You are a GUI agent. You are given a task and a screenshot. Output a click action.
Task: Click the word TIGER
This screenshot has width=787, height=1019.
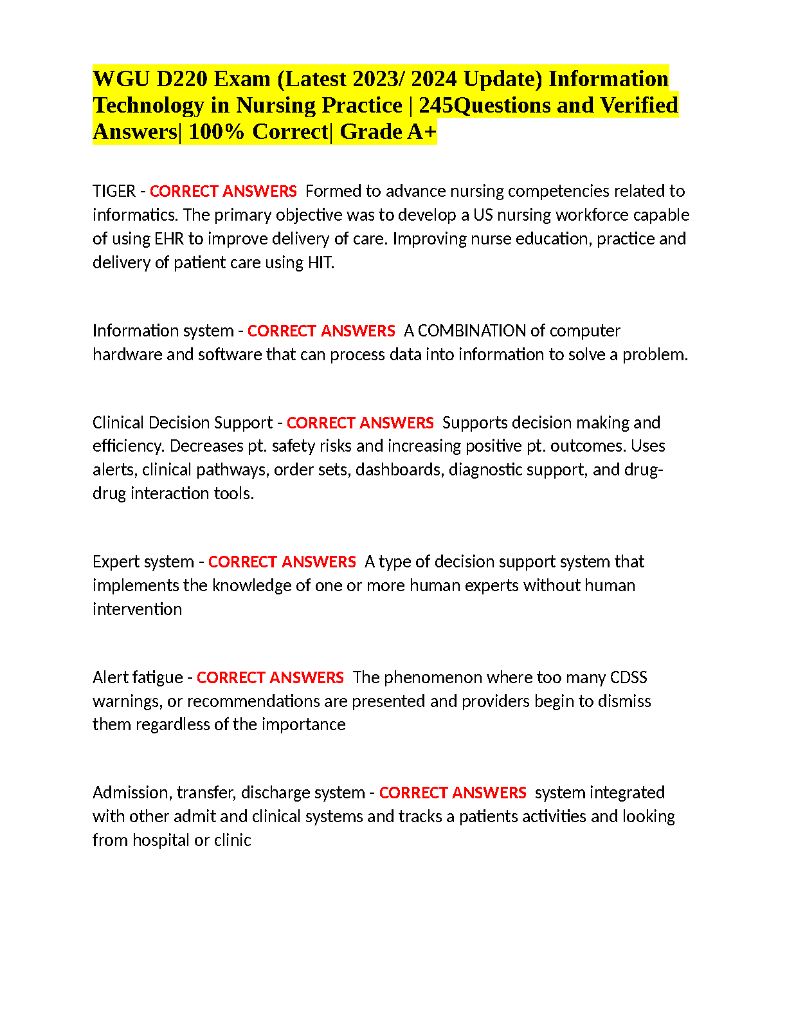114,191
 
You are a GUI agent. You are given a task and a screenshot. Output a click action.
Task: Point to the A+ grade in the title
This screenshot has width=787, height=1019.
422,132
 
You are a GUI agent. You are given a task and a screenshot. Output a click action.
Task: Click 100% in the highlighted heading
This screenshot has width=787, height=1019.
216,132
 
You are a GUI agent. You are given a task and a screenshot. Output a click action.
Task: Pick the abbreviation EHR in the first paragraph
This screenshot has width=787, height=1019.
169,239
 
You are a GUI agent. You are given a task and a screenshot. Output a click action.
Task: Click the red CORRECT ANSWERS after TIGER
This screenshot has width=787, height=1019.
223,191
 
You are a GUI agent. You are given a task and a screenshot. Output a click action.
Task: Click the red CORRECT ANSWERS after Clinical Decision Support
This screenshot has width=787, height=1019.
360,423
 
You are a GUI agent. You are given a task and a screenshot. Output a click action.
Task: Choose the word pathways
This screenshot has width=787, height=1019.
237,470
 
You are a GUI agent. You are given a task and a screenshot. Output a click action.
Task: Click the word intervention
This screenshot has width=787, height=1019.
137,609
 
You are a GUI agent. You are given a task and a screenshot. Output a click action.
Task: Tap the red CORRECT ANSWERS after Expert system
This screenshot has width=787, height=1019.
282,562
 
